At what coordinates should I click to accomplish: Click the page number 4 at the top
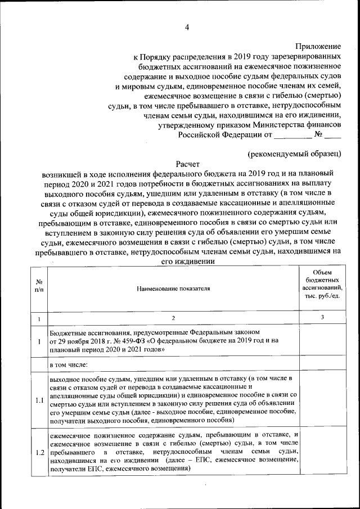point(187,27)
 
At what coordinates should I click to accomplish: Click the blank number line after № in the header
point(333,135)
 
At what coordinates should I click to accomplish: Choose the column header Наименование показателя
point(173,289)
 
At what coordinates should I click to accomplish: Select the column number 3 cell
point(322,318)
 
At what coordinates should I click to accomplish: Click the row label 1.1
point(39,400)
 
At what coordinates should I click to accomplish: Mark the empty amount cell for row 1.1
point(322,400)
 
